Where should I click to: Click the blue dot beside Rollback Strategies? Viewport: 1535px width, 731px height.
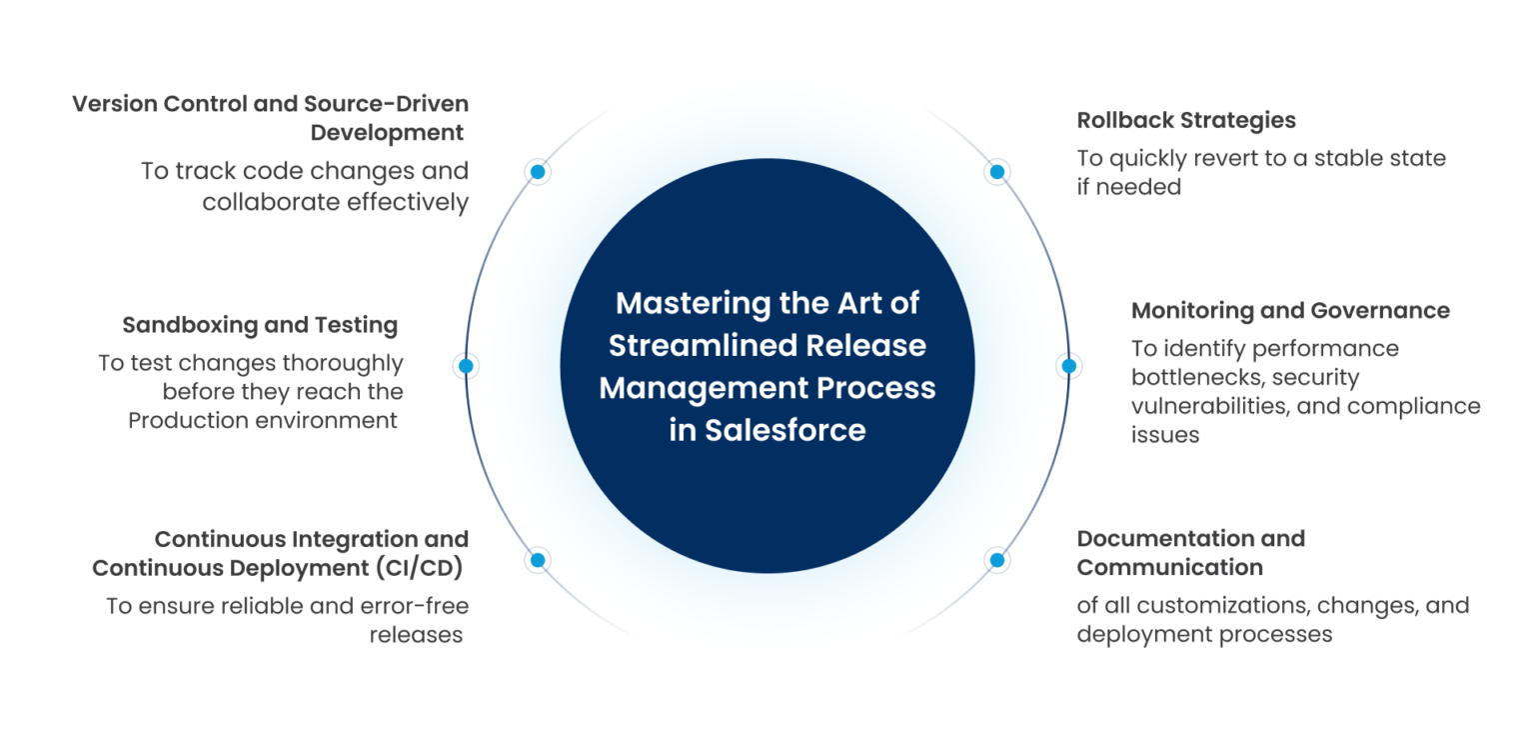(x=996, y=172)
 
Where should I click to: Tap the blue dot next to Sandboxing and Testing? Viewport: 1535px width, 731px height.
(x=466, y=366)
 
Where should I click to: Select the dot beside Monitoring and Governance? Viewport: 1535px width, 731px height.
(x=1068, y=366)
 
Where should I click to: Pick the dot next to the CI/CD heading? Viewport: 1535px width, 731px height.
(x=538, y=560)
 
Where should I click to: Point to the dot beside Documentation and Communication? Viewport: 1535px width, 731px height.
(x=996, y=560)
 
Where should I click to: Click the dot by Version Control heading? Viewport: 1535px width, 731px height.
(x=538, y=172)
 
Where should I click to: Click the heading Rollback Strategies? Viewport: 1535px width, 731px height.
(x=1186, y=121)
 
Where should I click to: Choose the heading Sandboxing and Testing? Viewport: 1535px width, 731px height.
(x=260, y=325)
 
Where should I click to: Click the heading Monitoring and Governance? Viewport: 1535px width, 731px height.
(x=1290, y=311)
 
